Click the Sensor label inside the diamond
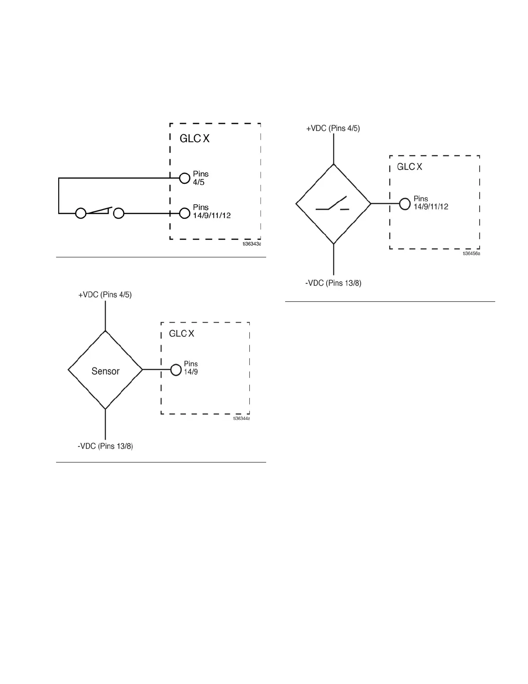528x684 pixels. point(105,371)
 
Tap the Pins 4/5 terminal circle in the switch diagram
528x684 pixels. point(185,177)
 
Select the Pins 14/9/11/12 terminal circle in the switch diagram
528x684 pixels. point(185,213)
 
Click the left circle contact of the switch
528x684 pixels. point(81,213)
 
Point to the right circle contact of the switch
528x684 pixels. point(118,213)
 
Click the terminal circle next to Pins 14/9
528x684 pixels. point(176,370)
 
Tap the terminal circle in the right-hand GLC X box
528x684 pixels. point(405,203)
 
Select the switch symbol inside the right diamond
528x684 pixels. point(333,204)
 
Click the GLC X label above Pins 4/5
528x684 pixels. point(195,139)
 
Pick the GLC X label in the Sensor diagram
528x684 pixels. point(182,334)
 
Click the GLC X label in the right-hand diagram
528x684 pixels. point(409,167)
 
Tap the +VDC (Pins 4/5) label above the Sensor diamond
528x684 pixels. point(105,295)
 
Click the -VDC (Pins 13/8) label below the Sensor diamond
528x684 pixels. point(105,446)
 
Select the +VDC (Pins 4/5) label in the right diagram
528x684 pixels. point(333,128)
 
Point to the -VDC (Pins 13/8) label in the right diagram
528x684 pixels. point(333,283)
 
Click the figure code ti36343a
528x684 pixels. point(252,244)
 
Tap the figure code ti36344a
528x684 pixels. point(242,418)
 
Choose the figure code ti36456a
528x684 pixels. point(471,253)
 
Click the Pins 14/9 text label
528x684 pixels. point(191,367)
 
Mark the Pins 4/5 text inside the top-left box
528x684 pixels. point(201,178)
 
